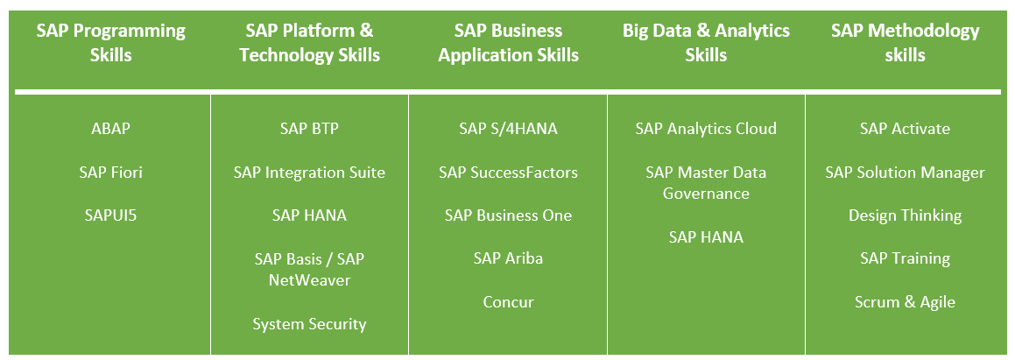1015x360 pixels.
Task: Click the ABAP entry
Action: [110, 128]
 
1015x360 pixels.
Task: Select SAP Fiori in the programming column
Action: [110, 172]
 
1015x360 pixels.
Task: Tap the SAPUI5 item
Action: [110, 215]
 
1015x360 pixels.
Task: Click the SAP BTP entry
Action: [309, 128]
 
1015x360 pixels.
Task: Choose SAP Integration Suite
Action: [309, 173]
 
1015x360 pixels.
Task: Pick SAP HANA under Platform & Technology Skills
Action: [309, 215]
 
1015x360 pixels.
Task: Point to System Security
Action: [309, 324]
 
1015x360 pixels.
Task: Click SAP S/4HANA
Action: [508, 128]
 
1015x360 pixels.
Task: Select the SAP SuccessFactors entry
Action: [508, 172]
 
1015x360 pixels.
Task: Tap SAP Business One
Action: [508, 215]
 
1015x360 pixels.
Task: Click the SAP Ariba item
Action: [508, 258]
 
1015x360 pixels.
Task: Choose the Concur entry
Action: [508, 301]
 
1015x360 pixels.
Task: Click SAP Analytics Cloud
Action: [706, 129]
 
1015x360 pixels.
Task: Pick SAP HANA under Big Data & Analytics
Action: [706, 237]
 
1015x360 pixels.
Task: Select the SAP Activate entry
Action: [905, 128]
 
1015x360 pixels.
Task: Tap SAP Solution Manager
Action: [905, 173]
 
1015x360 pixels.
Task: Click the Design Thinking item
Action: [905, 215]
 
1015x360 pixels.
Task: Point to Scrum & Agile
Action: [905, 302]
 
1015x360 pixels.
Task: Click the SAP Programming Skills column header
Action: [110, 43]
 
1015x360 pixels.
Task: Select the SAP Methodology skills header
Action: [905, 43]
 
